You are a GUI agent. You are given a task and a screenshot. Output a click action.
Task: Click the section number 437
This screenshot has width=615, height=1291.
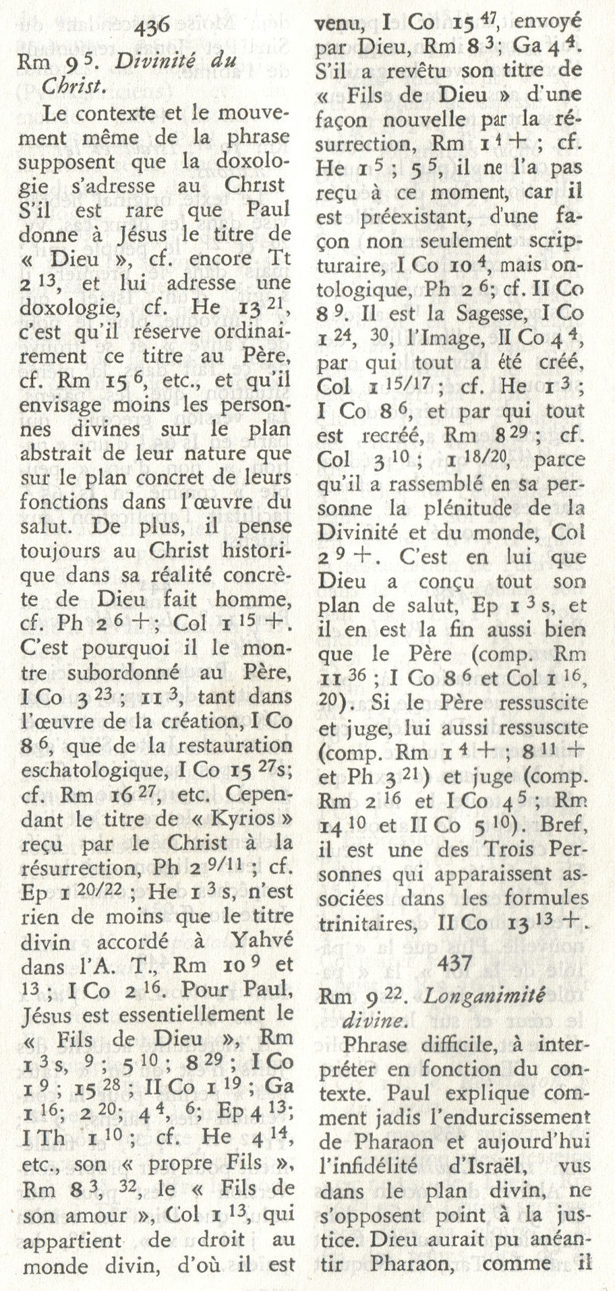[x=456, y=964]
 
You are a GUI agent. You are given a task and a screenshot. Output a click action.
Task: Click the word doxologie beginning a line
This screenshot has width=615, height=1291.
[x=66, y=308]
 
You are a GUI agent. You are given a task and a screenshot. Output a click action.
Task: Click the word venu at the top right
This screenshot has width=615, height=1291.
[x=343, y=22]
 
